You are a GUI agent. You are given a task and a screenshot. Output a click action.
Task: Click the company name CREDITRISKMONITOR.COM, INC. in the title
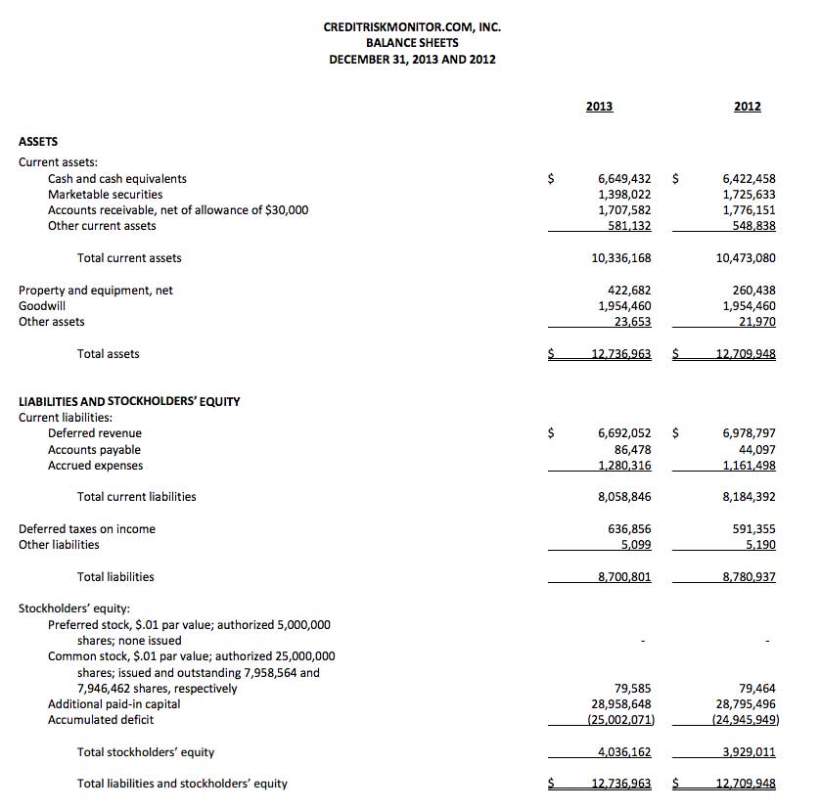coord(412,27)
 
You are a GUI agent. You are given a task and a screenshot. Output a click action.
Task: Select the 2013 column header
coord(599,107)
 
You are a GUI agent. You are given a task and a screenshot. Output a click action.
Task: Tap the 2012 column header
coord(747,107)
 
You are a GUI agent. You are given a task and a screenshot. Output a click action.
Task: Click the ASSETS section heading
coord(38,142)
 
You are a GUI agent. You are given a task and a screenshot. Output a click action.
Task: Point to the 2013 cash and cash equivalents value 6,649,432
coord(623,179)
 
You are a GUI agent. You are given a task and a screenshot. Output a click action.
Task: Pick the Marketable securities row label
coord(105,195)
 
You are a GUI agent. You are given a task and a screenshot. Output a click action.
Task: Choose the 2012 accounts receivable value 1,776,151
coord(749,210)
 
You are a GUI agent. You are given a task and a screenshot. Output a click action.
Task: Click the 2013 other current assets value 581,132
coord(629,226)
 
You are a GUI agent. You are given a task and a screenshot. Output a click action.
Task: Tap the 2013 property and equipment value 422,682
coord(629,291)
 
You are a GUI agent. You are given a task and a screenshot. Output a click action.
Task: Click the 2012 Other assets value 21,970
coord(757,322)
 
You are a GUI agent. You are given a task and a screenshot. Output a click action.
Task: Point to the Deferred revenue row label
coord(94,433)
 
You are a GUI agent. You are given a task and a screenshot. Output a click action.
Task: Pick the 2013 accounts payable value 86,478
coord(632,450)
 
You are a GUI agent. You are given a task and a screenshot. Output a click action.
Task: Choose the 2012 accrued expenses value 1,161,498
coord(749,466)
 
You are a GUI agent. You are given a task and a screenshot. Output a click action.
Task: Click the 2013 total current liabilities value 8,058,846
coord(623,497)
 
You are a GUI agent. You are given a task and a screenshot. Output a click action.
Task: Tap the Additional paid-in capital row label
coord(114,704)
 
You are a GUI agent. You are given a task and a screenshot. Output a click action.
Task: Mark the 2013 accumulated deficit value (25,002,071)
coord(620,720)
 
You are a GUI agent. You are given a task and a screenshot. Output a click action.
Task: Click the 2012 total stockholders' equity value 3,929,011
coord(749,752)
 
